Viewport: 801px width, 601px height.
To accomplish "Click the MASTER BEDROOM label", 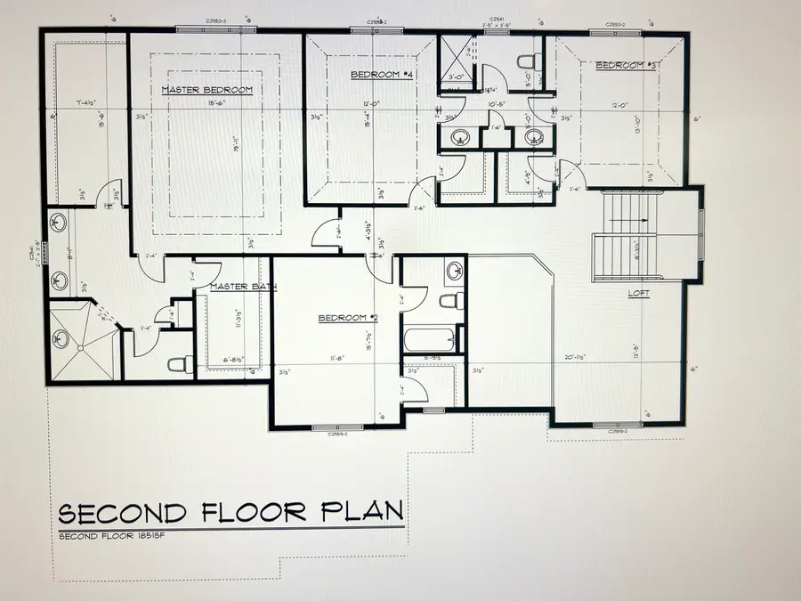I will (207, 90).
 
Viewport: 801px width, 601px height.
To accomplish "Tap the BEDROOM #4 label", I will (383, 75).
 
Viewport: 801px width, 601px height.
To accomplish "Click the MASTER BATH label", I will (243, 287).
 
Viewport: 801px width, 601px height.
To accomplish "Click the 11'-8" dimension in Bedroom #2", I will (338, 358).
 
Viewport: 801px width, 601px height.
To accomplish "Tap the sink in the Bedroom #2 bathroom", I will (453, 269).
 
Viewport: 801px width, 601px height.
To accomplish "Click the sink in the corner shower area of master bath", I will (61, 338).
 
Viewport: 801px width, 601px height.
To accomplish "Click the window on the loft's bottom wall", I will (619, 425).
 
